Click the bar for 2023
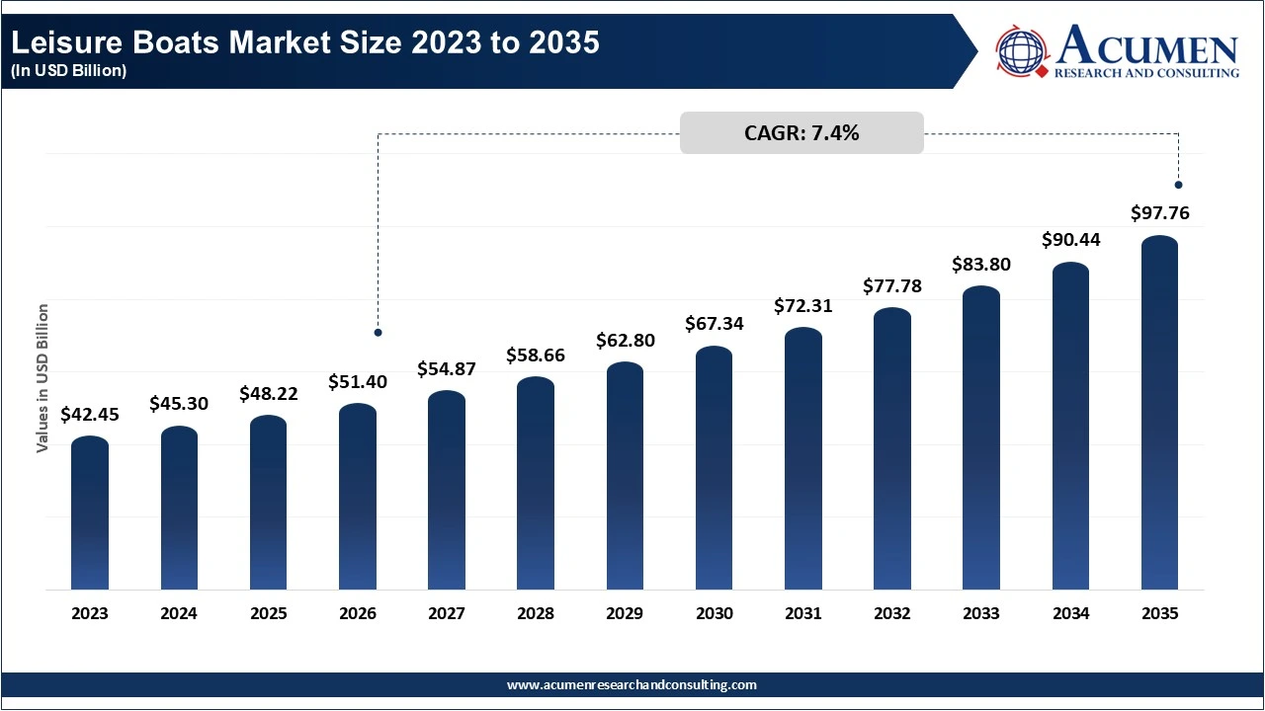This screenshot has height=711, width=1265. click(90, 513)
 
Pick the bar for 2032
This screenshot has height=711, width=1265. click(892, 449)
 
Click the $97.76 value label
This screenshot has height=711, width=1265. click(1159, 213)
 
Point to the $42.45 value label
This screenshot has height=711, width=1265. click(90, 415)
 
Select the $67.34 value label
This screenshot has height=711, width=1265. click(715, 324)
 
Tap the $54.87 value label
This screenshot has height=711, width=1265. click(447, 368)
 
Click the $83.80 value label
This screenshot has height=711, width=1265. click(981, 265)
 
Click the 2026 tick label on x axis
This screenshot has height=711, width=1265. click(358, 613)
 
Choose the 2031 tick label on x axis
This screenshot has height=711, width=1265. click(803, 613)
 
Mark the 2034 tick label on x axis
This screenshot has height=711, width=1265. click(1070, 613)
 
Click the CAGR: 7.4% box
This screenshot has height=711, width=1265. click(801, 133)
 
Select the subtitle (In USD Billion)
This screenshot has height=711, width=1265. click(68, 71)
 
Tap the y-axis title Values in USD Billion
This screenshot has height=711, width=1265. click(42, 378)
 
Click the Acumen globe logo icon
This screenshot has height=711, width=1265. click(1022, 52)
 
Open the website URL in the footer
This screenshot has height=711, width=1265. click(632, 684)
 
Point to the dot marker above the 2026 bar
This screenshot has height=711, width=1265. click(378, 333)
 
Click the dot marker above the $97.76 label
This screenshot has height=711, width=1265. click(1178, 185)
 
